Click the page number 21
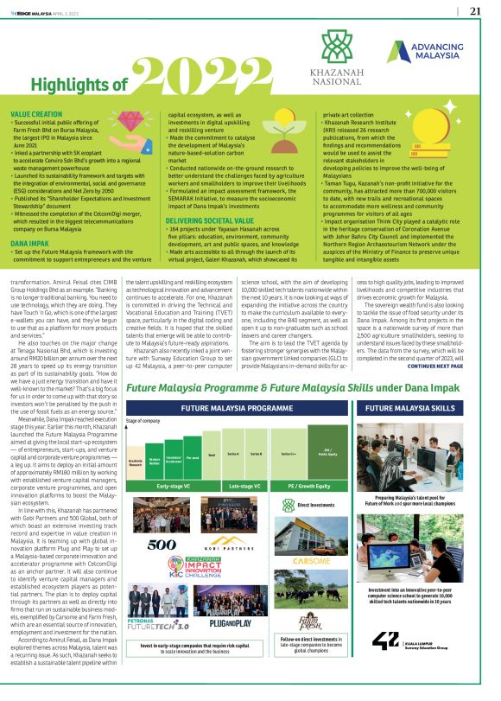475,11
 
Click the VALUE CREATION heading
37,113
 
